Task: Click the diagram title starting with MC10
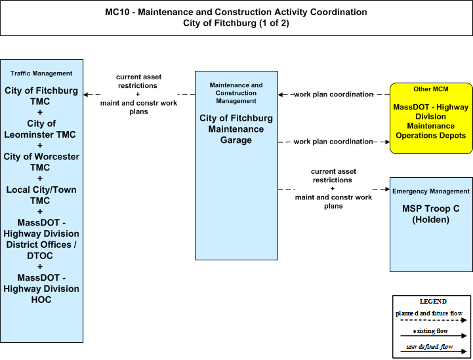[236, 18]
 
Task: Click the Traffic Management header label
[41, 73]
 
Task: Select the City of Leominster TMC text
[40, 129]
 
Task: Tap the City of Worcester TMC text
[41, 162]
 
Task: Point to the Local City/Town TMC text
[41, 195]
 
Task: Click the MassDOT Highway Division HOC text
[41, 289]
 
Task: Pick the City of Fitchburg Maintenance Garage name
[236, 129]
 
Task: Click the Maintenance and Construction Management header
[236, 93]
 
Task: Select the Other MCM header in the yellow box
[431, 89]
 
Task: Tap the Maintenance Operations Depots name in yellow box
[431, 121]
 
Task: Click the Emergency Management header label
[431, 191]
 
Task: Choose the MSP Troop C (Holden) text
[431, 214]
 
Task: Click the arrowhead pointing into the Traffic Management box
[86, 94]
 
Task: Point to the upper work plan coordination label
[334, 94]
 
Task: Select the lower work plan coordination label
[334, 142]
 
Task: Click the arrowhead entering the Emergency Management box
[387, 189]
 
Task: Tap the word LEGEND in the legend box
[433, 301]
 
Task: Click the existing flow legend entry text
[430, 330]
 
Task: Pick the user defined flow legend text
[430, 347]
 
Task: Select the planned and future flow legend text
[429, 313]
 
